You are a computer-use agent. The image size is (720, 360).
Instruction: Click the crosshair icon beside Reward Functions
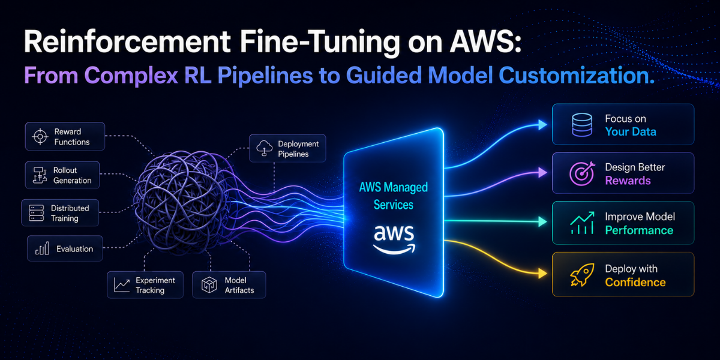click(x=40, y=137)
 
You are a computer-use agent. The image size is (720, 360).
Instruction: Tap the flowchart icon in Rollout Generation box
click(x=40, y=175)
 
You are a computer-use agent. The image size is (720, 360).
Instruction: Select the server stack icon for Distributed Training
click(x=37, y=213)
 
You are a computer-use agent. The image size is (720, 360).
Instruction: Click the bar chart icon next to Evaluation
click(x=42, y=248)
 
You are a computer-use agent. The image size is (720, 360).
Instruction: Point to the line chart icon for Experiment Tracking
click(x=122, y=285)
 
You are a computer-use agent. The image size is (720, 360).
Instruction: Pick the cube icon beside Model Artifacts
click(x=209, y=285)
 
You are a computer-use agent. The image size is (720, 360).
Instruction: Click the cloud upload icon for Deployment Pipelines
click(x=265, y=148)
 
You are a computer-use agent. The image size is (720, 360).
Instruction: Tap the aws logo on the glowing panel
click(x=394, y=239)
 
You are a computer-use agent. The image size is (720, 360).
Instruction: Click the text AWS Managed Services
click(x=394, y=196)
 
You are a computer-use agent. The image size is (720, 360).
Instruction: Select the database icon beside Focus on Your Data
click(x=582, y=125)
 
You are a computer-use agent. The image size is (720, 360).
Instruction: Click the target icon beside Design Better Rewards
click(x=582, y=173)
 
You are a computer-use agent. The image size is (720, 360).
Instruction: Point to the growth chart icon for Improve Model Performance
click(x=582, y=223)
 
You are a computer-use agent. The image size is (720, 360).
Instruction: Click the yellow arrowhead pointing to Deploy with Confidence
click(x=542, y=274)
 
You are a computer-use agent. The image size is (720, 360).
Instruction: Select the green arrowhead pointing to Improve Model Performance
click(x=542, y=221)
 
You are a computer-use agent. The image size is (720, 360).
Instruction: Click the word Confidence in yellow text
click(x=635, y=282)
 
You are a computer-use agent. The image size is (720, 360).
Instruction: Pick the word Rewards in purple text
click(x=628, y=181)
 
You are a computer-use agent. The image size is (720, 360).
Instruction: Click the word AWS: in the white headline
click(x=485, y=42)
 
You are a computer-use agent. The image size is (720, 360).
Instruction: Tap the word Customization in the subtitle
click(x=573, y=76)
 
